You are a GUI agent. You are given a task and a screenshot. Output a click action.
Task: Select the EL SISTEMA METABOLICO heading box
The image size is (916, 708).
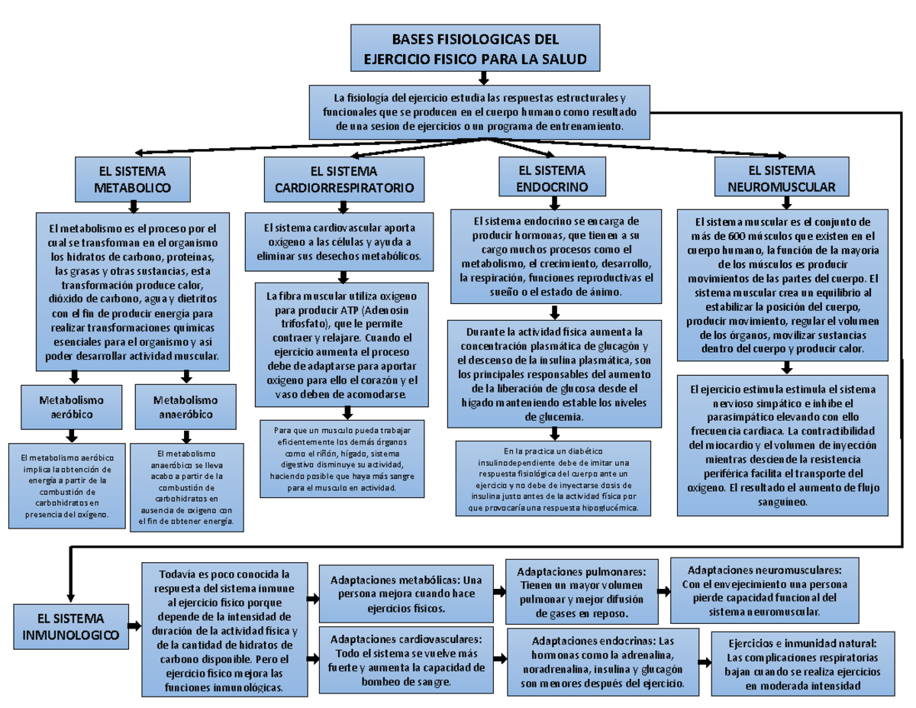point(132,178)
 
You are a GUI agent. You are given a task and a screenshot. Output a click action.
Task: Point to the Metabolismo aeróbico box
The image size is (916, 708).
point(72,406)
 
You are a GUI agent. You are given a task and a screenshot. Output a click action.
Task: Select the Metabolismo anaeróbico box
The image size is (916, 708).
point(185,406)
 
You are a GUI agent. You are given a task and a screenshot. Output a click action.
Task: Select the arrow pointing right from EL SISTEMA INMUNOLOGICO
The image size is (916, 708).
point(134,626)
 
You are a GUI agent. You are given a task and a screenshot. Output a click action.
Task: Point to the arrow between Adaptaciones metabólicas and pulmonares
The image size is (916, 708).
point(500,592)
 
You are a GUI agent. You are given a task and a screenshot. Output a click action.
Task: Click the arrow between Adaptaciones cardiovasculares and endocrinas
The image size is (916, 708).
point(500,658)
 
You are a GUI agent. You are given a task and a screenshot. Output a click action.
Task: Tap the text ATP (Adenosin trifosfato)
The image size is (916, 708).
point(342,317)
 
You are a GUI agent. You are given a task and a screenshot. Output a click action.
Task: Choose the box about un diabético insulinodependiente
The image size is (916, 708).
point(553,479)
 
